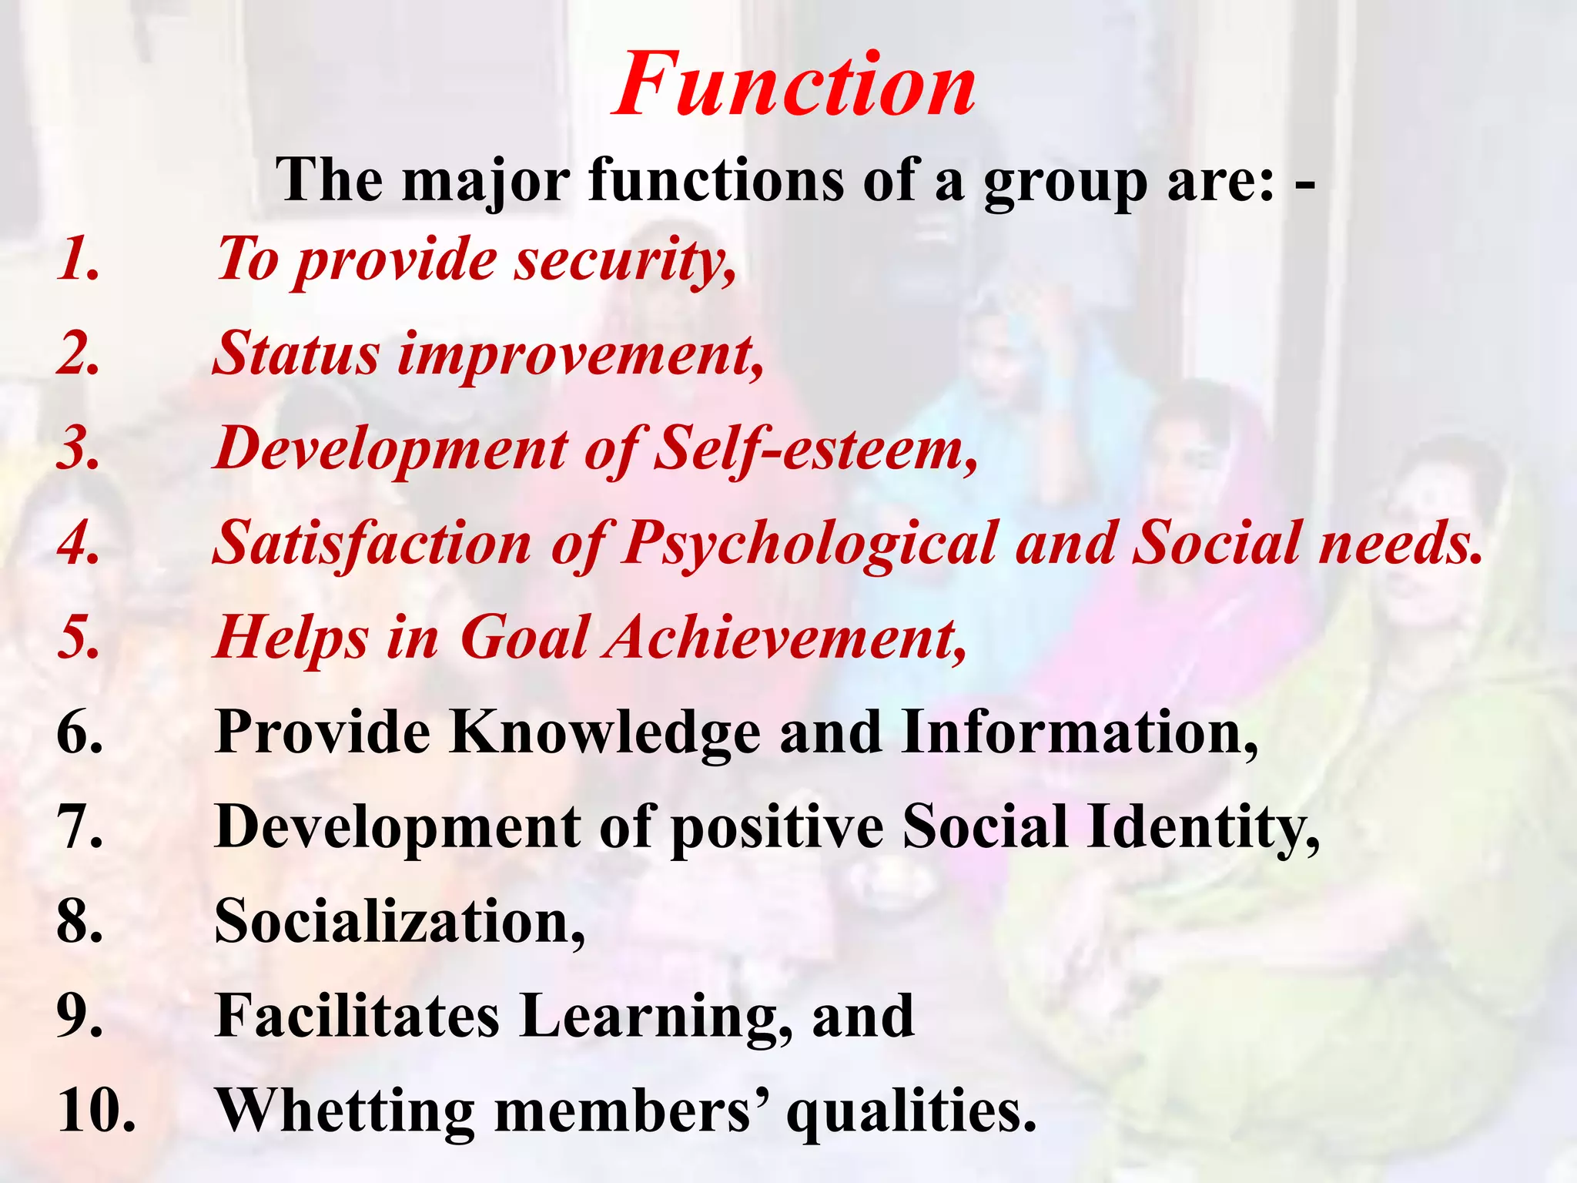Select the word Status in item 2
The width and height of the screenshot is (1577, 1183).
[296, 354]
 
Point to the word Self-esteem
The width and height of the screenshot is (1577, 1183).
[816, 448]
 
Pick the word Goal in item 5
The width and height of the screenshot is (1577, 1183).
[524, 638]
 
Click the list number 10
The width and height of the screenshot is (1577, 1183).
[96, 1111]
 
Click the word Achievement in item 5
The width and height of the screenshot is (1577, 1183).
[785, 638]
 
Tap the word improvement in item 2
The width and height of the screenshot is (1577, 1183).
[581, 354]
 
